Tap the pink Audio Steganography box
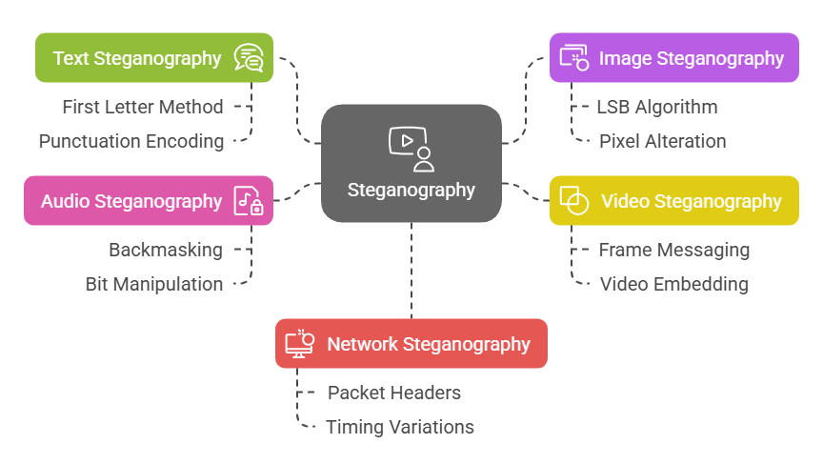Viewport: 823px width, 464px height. coord(148,201)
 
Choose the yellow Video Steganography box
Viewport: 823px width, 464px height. coord(673,201)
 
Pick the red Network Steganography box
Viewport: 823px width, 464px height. coord(411,343)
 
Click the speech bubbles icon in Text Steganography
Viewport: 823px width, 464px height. coord(248,58)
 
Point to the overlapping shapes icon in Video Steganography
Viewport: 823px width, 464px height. coord(573,201)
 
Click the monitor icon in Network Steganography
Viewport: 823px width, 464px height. coord(300,343)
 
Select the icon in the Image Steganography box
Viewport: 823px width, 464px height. coord(574,58)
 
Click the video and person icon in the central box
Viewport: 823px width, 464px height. coord(411,148)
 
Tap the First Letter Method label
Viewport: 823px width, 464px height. coord(143,107)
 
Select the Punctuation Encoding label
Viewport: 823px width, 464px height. coord(131,141)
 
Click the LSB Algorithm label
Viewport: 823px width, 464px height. coord(657,107)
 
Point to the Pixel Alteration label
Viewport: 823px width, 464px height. coord(662,141)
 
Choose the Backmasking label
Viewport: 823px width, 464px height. coord(165,250)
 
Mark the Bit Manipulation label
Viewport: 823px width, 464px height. coord(153,284)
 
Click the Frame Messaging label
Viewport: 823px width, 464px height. coord(673,250)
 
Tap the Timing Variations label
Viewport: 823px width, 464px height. coord(400,427)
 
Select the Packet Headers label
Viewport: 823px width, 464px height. coord(394,393)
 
